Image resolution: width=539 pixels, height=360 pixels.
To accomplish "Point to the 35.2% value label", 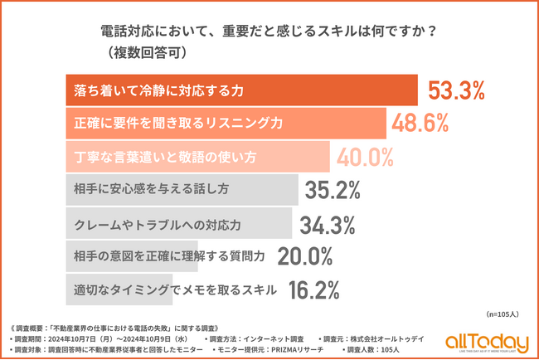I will click(333, 189).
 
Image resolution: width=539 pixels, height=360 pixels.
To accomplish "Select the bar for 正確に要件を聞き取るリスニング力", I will click(225, 123).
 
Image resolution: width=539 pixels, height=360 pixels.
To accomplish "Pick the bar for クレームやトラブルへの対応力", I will click(177, 222).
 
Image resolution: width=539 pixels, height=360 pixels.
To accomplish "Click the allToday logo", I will click(486, 342).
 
